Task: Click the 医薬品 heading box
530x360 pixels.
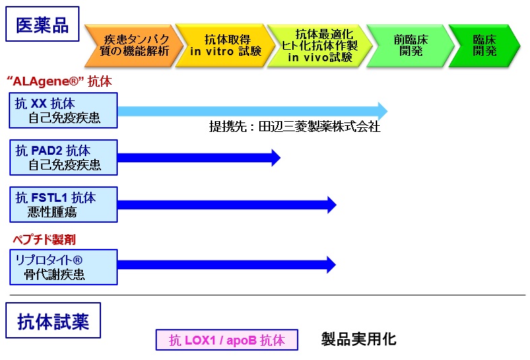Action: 42,24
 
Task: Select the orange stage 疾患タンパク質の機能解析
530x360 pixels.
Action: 133,46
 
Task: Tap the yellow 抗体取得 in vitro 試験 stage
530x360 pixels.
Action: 226,46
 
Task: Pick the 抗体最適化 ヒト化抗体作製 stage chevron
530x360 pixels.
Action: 319,46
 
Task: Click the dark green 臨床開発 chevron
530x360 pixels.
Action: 484,46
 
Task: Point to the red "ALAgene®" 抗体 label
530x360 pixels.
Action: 59,81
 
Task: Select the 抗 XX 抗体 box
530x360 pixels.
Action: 63,110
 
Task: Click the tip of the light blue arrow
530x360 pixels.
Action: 387,111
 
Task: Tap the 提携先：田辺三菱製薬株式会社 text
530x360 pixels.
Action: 295,127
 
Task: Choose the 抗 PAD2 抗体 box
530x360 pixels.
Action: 63,157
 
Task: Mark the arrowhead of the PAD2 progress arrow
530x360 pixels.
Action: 280,157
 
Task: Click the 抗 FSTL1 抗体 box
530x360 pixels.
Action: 63,205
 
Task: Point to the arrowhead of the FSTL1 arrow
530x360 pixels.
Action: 336,205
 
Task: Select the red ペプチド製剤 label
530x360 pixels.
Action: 44,240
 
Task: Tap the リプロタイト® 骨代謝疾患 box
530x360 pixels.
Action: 63,267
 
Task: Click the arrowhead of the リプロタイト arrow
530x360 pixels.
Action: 335,264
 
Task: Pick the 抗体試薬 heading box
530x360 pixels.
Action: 53,320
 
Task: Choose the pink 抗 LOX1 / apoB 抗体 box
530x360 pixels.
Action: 227,340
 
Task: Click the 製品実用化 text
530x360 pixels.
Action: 359,339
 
